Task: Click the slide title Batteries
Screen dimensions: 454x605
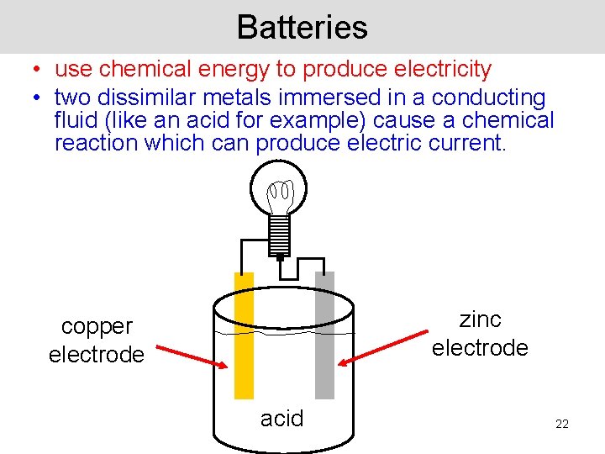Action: [x=302, y=27]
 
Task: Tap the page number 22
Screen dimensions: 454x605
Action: [x=562, y=424]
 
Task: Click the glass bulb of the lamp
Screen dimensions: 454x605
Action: [x=280, y=189]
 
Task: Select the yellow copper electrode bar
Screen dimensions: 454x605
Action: [x=244, y=336]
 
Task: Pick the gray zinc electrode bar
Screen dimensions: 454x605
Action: [x=324, y=336]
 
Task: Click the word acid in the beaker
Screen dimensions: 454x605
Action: [x=281, y=418]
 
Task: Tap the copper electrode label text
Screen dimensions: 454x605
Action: [x=96, y=340]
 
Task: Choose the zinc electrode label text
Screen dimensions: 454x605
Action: [x=480, y=333]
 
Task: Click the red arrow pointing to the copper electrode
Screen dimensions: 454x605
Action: [x=191, y=352]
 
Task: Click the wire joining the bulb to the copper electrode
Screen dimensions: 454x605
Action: [x=244, y=252]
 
